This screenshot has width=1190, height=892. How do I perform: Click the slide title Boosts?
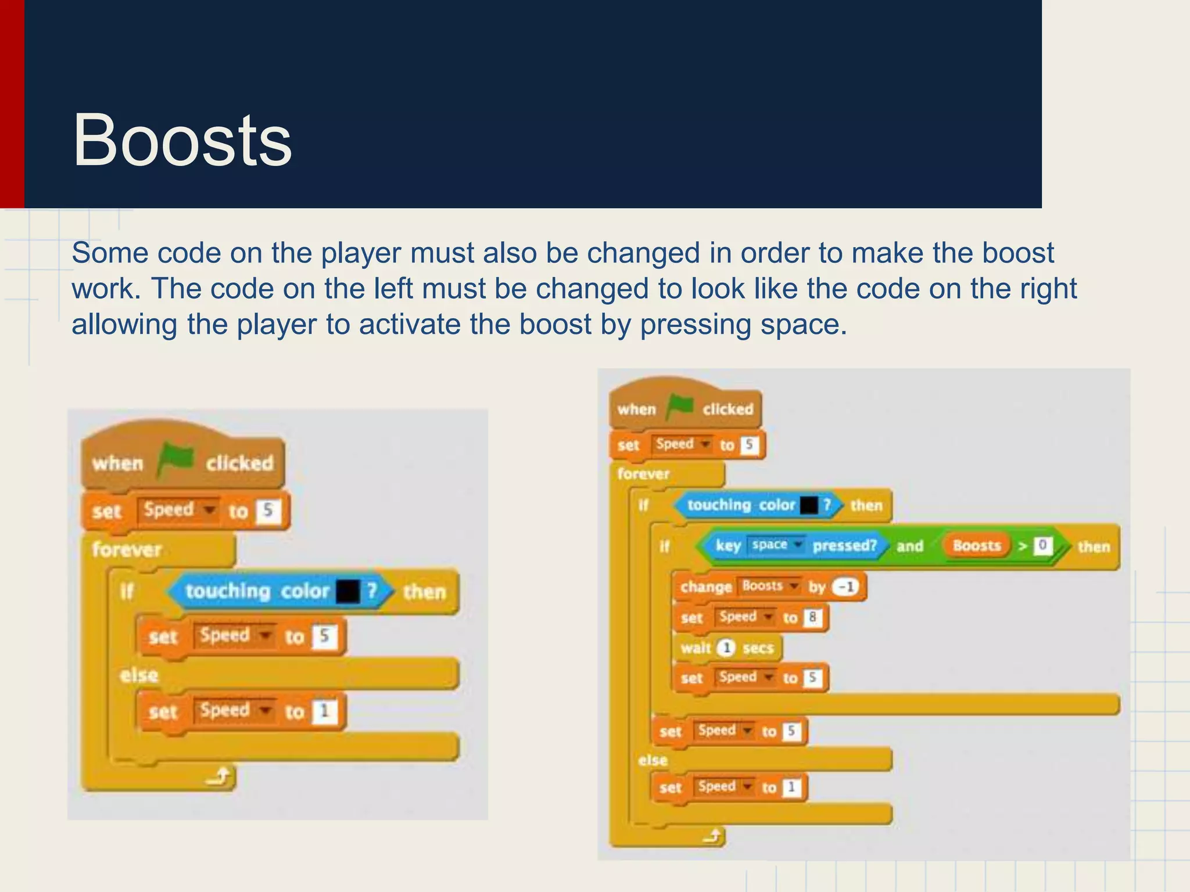pos(182,141)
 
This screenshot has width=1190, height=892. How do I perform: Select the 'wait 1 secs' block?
pos(727,648)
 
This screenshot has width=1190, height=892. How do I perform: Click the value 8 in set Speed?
pos(812,617)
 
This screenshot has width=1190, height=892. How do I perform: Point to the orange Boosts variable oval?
pos(977,546)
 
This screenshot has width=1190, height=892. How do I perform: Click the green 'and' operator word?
pos(910,546)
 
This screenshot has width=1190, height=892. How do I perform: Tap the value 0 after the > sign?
pos(1042,545)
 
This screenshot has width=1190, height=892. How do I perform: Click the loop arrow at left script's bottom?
pos(221,776)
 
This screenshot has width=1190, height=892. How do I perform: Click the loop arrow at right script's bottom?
pos(712,836)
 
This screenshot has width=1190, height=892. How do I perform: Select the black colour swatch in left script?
pos(348,592)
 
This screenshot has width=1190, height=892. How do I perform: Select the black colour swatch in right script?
pos(809,505)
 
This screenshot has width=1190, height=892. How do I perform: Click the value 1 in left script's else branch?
pos(324,711)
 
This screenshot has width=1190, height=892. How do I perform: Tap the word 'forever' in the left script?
pos(127,549)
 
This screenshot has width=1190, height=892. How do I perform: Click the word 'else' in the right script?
pos(653,760)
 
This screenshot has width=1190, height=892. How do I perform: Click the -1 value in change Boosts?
pos(846,587)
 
